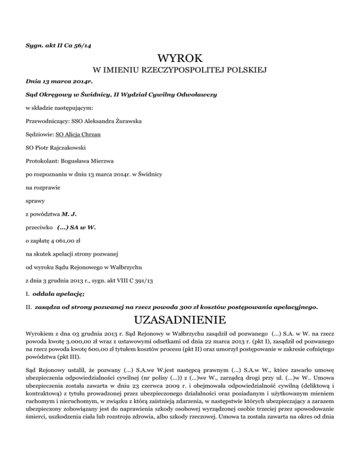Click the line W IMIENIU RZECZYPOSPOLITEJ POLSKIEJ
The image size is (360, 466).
pos(180,71)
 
